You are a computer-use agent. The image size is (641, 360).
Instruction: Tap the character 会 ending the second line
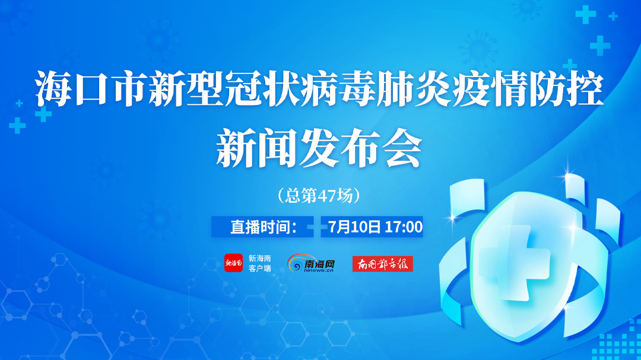(402, 147)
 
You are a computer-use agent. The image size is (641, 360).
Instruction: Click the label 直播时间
(260, 227)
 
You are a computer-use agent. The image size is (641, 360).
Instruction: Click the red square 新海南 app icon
(233, 263)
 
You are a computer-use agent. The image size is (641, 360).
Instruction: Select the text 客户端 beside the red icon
(259, 269)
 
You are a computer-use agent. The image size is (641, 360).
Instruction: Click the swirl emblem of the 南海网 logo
(295, 263)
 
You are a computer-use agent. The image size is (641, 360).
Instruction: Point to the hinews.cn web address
(319, 270)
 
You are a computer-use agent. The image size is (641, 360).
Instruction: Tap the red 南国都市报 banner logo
(383, 264)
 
